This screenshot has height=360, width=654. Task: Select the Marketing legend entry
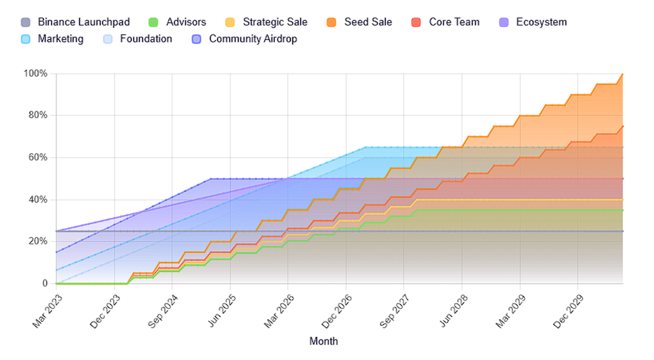tap(60, 39)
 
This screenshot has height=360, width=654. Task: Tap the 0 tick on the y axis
tap(45, 283)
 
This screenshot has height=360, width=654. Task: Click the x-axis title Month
tap(324, 341)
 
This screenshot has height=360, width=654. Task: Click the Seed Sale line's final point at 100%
tap(623, 74)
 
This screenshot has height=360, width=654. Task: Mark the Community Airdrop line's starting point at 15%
tap(57, 252)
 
